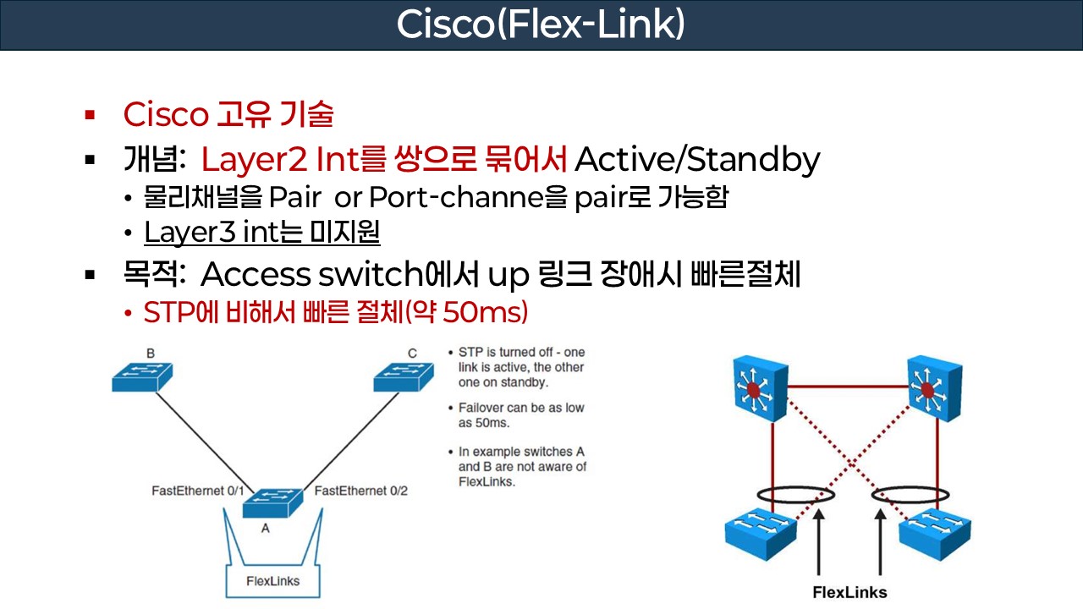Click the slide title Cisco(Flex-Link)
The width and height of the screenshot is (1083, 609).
click(541, 25)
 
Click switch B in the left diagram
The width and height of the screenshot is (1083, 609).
click(142, 377)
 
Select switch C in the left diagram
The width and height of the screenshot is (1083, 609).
click(404, 377)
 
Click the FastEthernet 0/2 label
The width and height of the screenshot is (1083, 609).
click(361, 491)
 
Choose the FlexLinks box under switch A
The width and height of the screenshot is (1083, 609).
click(272, 581)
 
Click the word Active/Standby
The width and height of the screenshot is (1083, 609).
click(697, 159)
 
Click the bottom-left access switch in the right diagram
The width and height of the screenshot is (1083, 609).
click(761, 529)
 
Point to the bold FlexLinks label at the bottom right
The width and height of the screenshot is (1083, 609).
click(849, 592)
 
